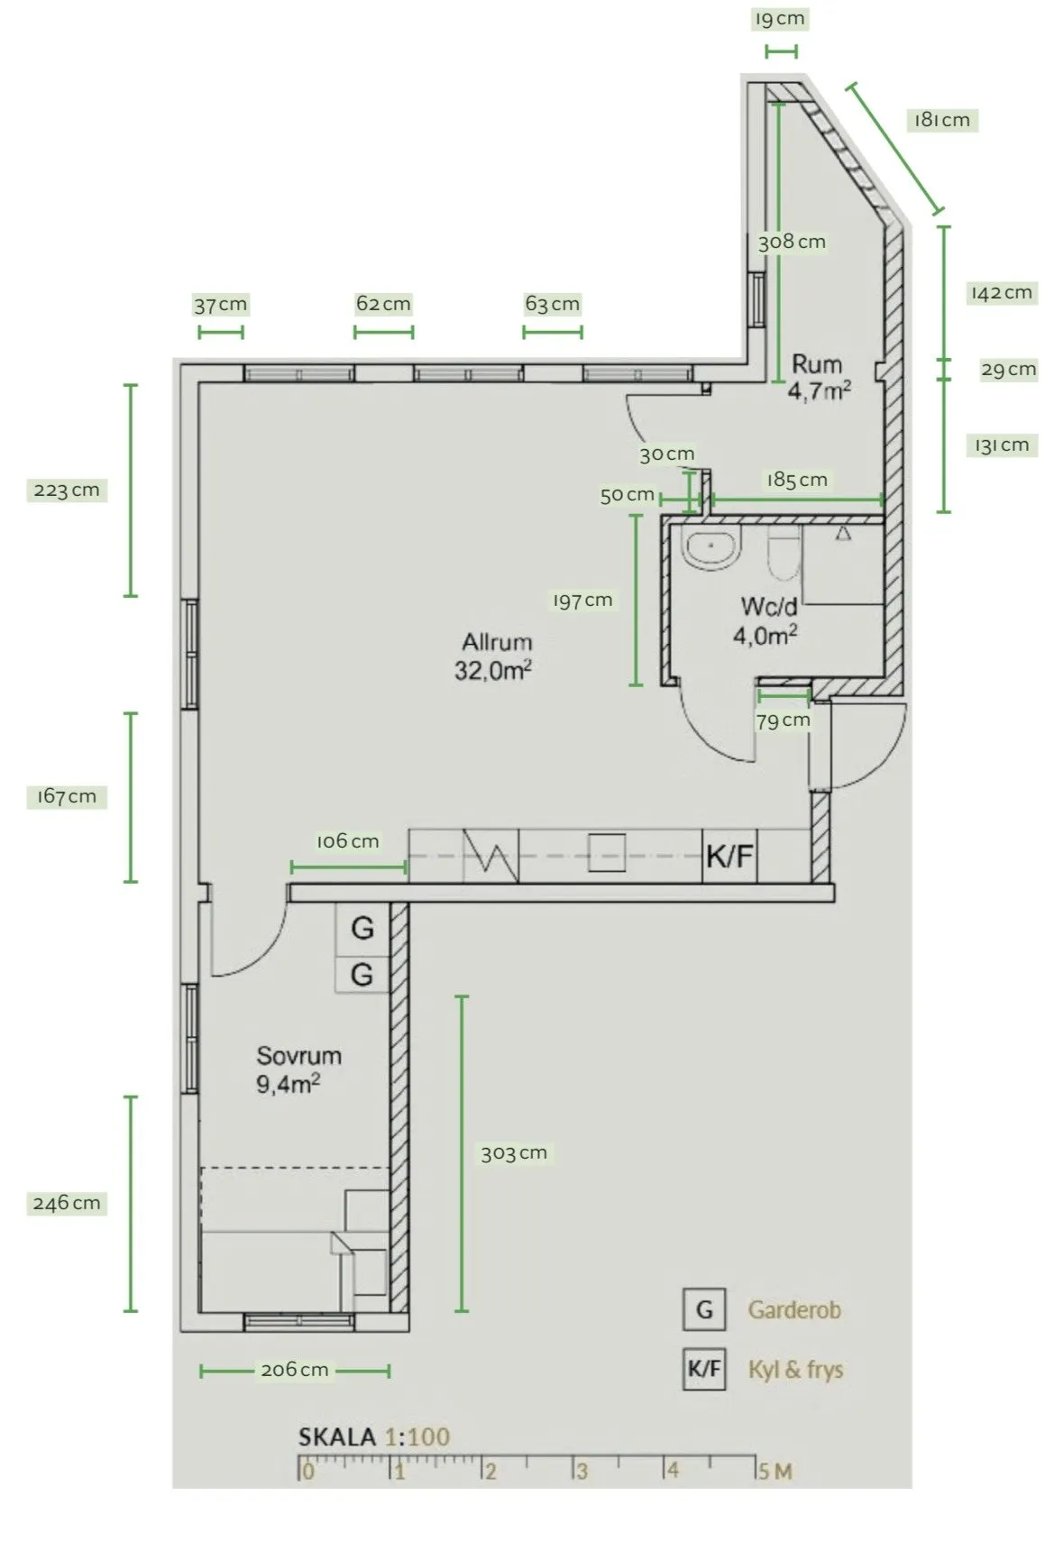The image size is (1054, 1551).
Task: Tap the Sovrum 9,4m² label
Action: click(298, 1069)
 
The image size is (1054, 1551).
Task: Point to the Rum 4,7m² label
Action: click(819, 378)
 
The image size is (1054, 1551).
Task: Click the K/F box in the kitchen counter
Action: click(729, 856)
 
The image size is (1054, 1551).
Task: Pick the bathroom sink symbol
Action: click(710, 549)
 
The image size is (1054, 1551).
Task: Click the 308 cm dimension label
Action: click(792, 242)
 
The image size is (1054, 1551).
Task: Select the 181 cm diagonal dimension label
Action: click(942, 120)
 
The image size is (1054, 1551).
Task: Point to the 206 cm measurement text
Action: click(295, 1370)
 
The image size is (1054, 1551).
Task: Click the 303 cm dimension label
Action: click(514, 1153)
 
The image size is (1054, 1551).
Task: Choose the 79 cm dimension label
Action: click(783, 720)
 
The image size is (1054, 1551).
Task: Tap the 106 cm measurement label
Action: click(347, 841)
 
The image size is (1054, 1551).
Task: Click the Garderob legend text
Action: click(794, 1309)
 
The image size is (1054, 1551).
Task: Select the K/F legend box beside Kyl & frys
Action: click(704, 1369)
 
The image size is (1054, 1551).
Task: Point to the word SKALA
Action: click(336, 1436)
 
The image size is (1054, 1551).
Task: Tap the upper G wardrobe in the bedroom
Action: click(362, 928)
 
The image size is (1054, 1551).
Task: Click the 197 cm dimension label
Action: click(582, 601)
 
